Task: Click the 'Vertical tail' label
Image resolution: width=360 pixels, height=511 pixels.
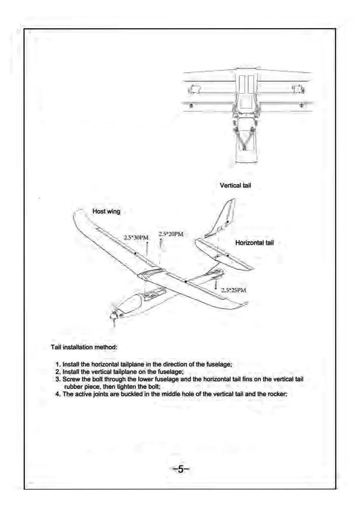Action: (x=235, y=185)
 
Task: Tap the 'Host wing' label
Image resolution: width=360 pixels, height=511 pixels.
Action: (x=106, y=211)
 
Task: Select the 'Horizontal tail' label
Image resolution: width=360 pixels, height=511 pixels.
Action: (x=254, y=243)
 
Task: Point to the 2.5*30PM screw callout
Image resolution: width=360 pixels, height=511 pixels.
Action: (x=136, y=238)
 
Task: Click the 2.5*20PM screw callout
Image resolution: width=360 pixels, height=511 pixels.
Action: (x=171, y=234)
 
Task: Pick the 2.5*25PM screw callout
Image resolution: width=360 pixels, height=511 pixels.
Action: (x=233, y=290)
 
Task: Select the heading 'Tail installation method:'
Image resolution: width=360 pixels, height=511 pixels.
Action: (x=84, y=347)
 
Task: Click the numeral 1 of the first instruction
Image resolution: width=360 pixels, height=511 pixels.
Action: (x=58, y=364)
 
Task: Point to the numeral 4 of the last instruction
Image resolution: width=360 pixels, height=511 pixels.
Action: (x=58, y=394)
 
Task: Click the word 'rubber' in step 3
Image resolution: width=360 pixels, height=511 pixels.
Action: (x=73, y=387)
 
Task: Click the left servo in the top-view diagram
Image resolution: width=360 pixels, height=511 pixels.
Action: (x=194, y=89)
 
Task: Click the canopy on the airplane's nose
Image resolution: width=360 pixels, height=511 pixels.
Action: (x=130, y=303)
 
